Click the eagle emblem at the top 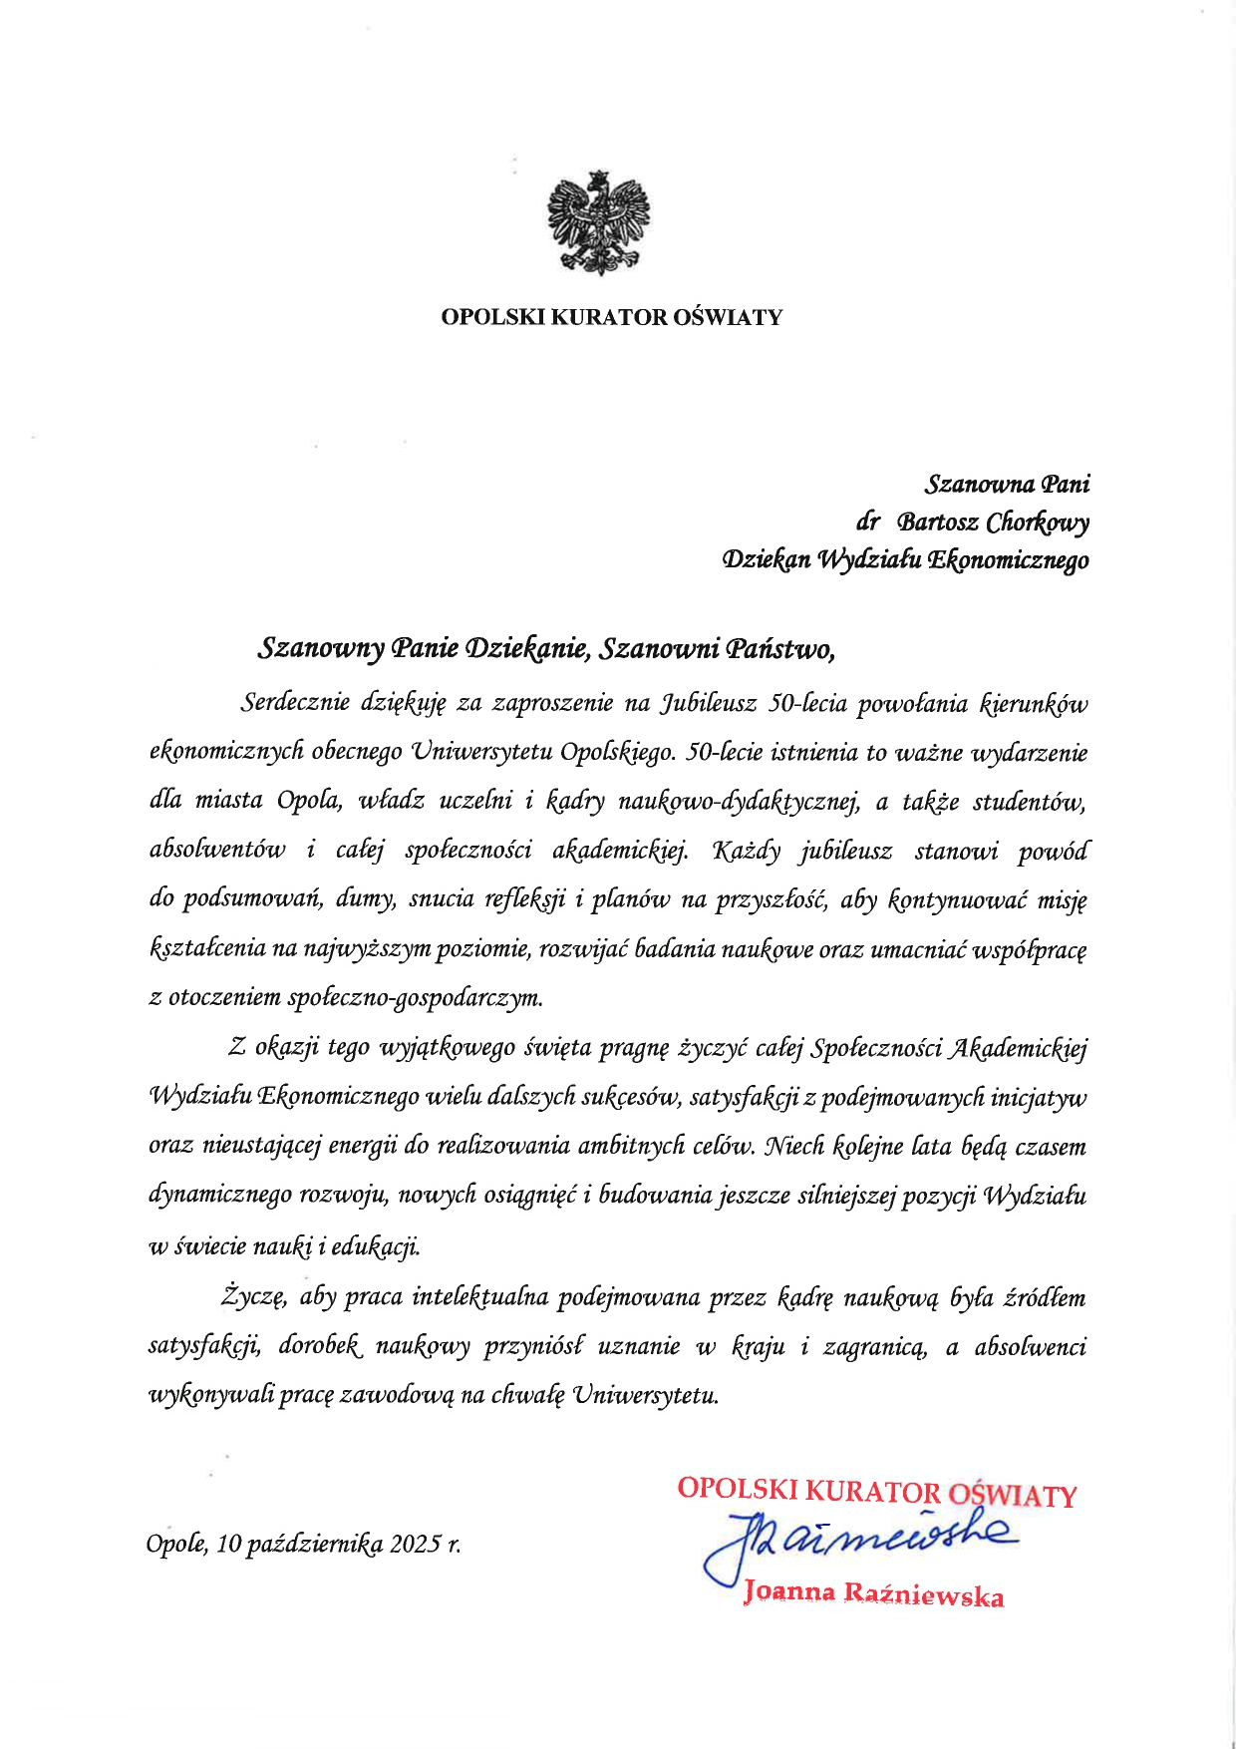click(x=598, y=221)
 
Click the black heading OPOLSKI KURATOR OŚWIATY click(x=612, y=317)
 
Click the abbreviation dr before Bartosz click(x=867, y=522)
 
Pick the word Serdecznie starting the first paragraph click(x=295, y=703)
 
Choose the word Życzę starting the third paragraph click(x=254, y=1297)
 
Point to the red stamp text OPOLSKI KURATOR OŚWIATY click(x=876, y=1492)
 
